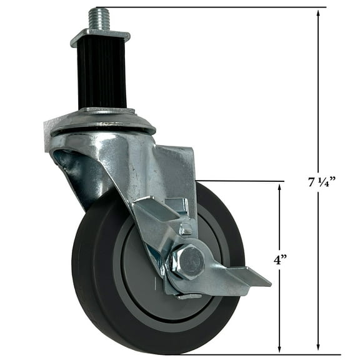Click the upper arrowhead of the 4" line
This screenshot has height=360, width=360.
(279, 187)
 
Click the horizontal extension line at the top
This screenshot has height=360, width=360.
(219, 7)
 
